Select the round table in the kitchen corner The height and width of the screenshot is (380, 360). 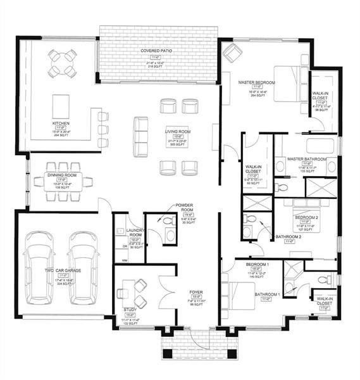63,63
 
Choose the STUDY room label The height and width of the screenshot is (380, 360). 129,309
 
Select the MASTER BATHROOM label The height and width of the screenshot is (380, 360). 306,158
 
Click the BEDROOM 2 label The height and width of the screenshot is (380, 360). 305,217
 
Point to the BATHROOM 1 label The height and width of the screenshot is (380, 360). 267,294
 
